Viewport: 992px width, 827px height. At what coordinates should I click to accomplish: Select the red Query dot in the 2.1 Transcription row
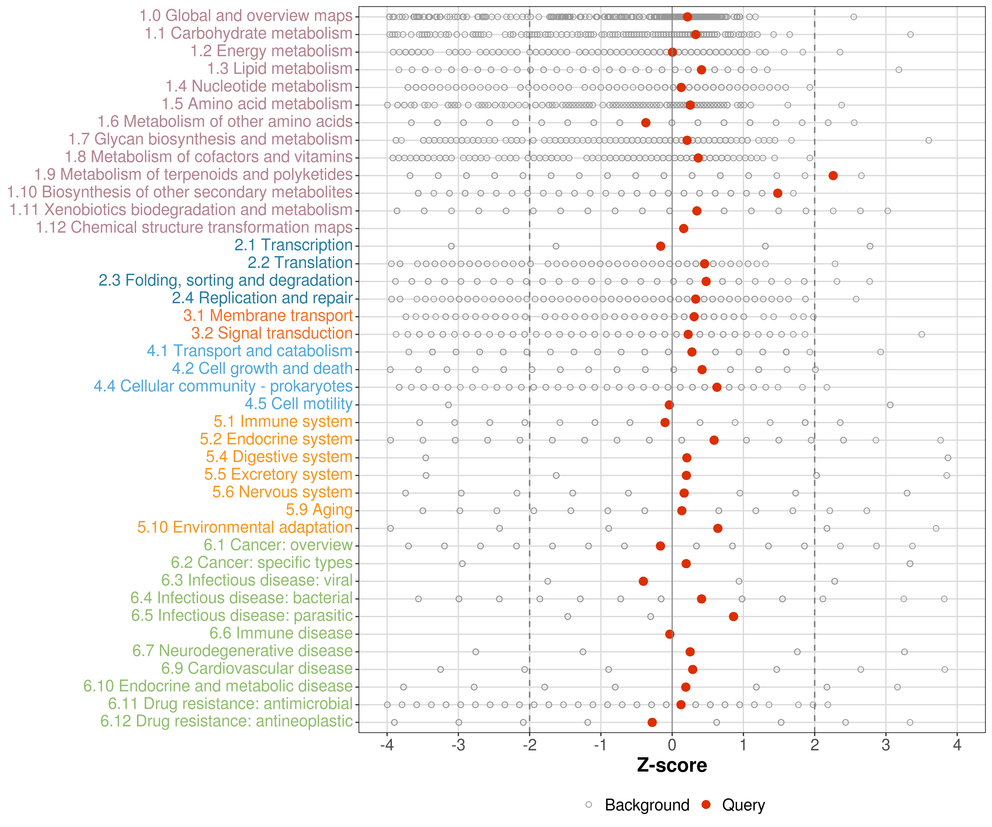point(661,246)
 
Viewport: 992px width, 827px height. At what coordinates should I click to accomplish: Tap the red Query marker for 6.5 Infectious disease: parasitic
point(733,616)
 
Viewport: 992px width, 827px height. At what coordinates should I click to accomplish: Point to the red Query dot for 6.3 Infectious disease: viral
point(643,581)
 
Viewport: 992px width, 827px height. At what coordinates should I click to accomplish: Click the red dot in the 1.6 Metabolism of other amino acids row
point(646,122)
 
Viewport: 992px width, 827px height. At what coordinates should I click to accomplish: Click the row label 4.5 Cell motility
point(298,404)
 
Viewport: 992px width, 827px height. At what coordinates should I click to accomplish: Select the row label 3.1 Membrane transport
point(268,316)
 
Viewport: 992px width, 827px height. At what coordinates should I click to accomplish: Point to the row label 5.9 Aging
point(319,510)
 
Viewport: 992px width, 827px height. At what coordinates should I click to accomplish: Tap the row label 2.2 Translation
point(300,263)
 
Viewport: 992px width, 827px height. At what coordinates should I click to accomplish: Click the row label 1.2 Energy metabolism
point(271,51)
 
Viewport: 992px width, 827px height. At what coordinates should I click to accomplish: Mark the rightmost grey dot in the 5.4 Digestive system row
point(948,457)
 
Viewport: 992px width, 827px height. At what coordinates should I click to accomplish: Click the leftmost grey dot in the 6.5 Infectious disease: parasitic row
point(568,616)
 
